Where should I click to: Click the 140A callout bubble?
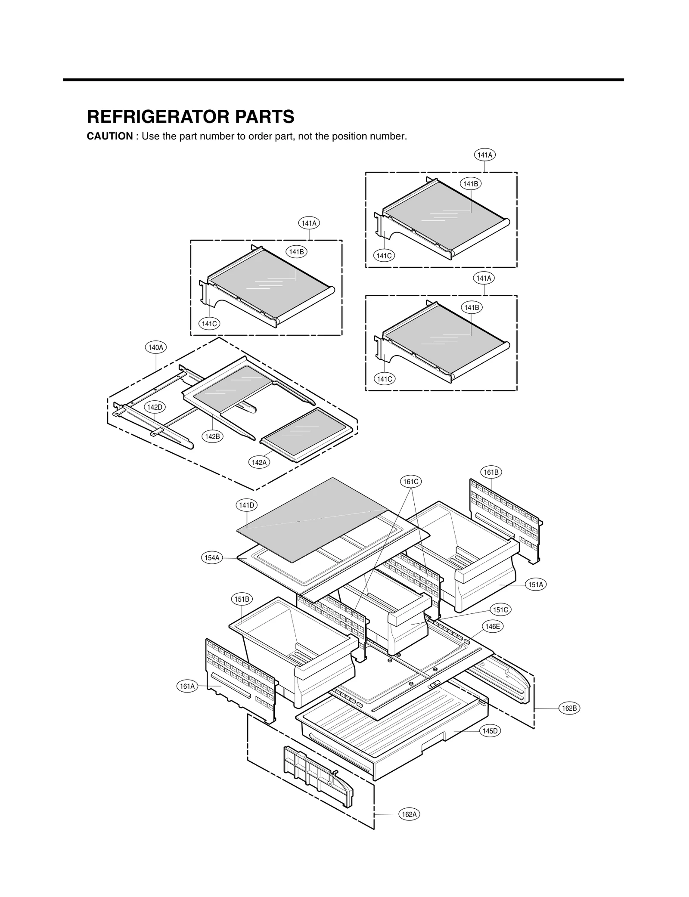point(155,347)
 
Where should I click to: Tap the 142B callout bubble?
point(212,436)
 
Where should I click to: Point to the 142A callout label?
point(259,462)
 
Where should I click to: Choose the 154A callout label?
point(212,558)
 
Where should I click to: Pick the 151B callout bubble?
point(242,599)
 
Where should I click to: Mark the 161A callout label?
point(187,686)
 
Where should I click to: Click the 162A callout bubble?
point(409,814)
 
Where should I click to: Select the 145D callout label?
point(490,731)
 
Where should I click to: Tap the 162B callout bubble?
point(569,708)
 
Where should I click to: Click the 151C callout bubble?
point(500,610)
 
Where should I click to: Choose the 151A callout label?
point(536,585)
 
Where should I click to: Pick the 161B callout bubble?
point(491,472)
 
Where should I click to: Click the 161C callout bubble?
point(410,482)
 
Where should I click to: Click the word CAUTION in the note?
point(110,136)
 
